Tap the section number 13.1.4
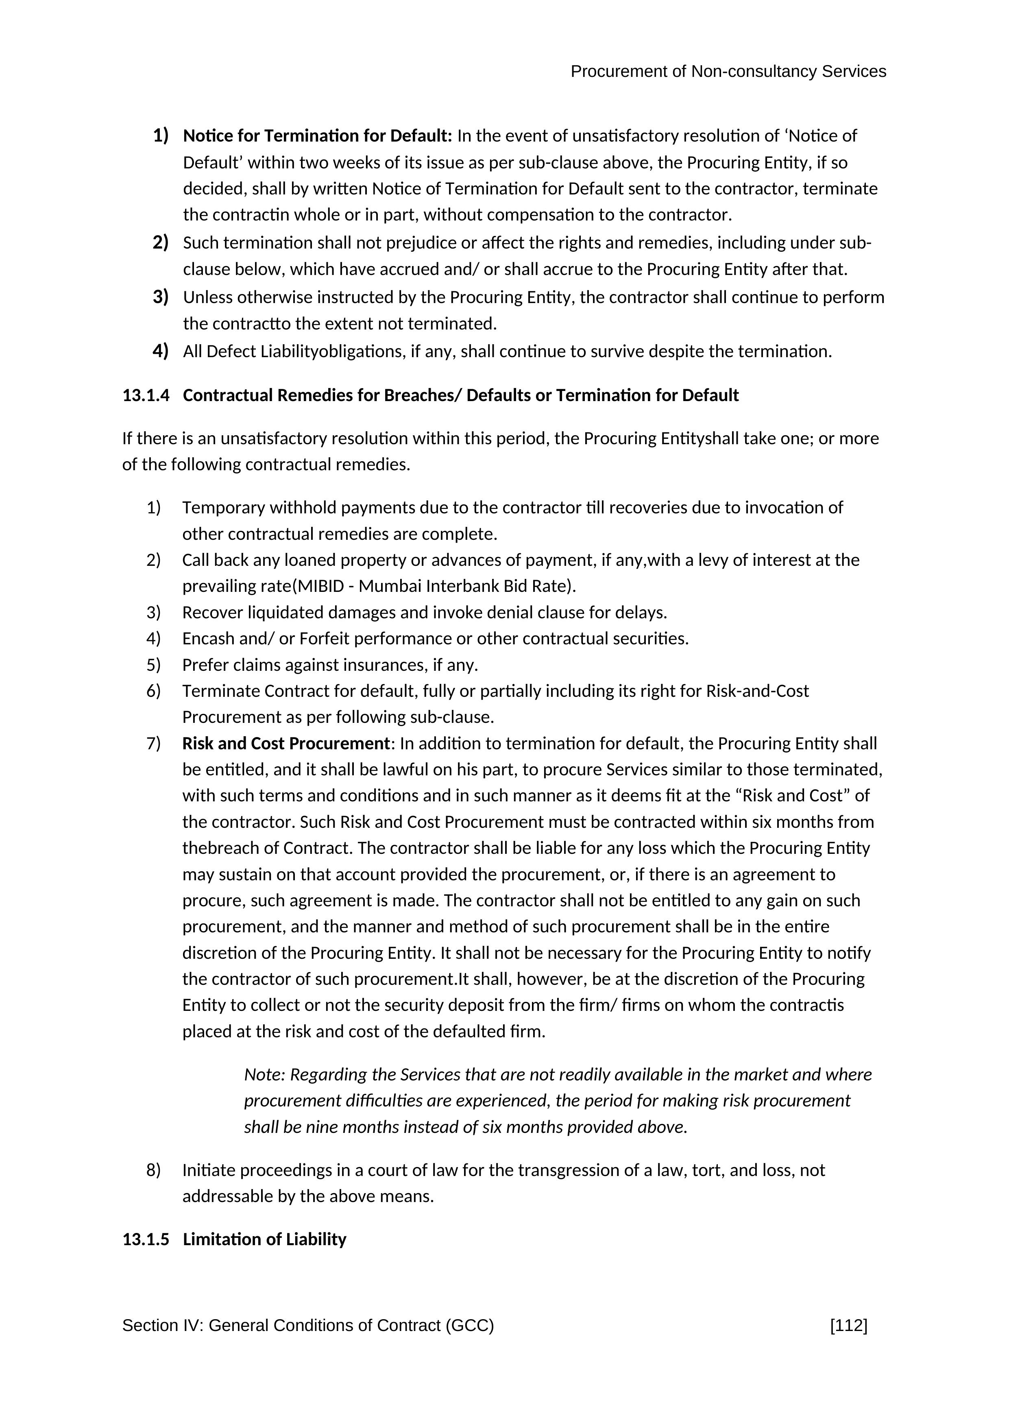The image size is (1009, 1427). pyautogui.click(x=145, y=395)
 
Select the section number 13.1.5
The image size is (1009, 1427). pyautogui.click(x=145, y=1239)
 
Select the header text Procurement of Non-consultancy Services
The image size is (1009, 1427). pyautogui.click(x=728, y=72)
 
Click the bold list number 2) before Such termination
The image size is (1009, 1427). pyautogui.click(x=160, y=242)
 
